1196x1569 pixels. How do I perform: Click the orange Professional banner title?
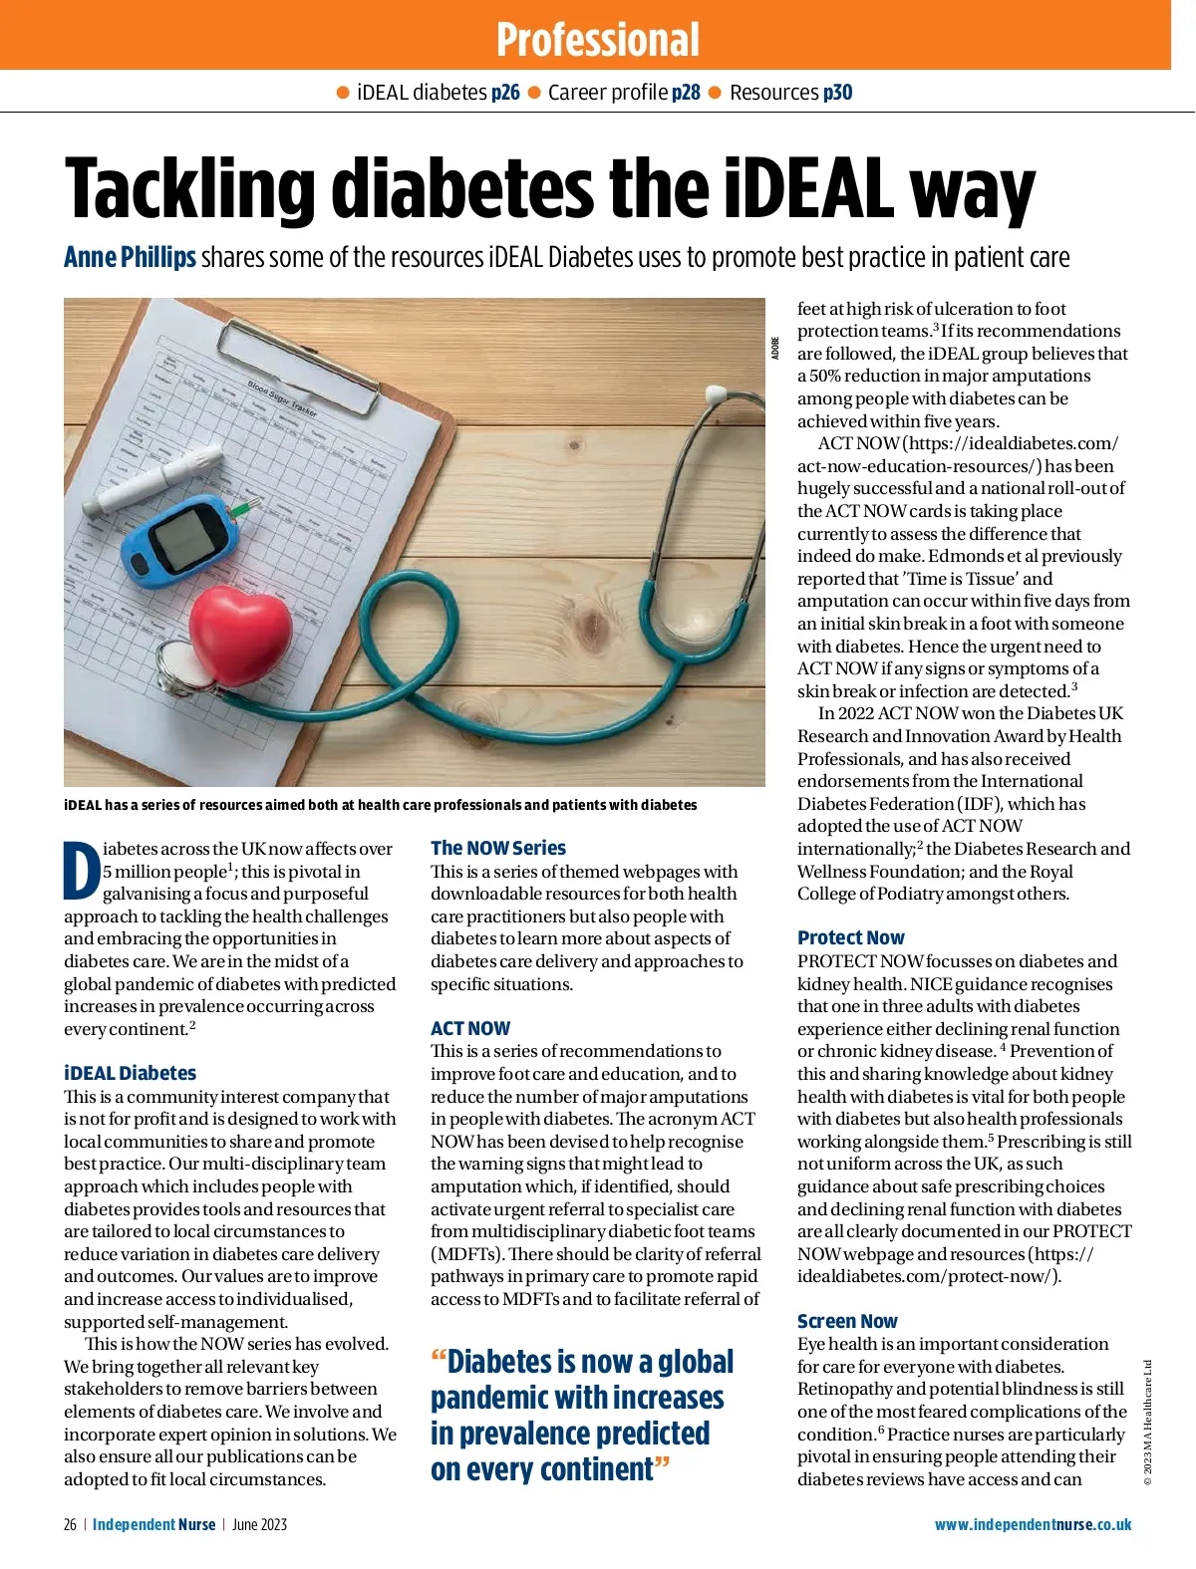click(x=598, y=40)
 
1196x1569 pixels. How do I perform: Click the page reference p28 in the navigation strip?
click(x=686, y=93)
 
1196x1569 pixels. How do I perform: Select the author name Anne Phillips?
click(x=130, y=257)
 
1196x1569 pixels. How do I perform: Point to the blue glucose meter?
click(x=179, y=539)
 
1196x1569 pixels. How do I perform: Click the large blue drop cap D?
click(x=82, y=871)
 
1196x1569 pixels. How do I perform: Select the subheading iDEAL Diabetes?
click(x=130, y=1073)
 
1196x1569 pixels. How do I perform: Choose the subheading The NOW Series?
click(x=498, y=848)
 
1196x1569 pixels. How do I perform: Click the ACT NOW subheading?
click(x=470, y=1028)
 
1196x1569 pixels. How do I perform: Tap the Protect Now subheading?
click(x=850, y=937)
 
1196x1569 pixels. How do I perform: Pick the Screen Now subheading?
click(x=847, y=1321)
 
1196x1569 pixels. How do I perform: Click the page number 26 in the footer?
click(x=70, y=1524)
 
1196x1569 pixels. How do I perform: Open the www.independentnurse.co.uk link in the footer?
click(x=1033, y=1524)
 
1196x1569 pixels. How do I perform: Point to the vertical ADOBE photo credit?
click(x=774, y=349)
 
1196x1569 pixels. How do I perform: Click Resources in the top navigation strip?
click(x=773, y=93)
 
